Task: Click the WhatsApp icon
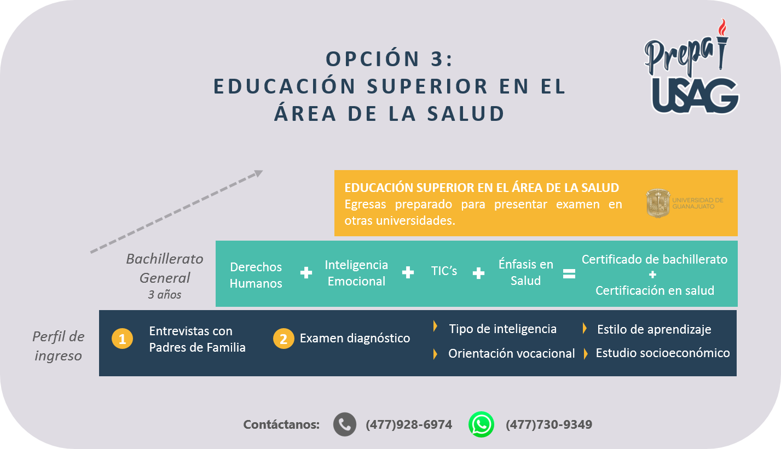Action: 481,424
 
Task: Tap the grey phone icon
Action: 344,424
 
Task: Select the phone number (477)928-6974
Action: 409,424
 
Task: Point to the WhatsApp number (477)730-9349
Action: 549,424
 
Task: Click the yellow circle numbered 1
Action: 122,339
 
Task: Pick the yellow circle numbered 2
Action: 284,339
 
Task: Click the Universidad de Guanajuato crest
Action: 658,203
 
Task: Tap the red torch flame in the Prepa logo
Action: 722,27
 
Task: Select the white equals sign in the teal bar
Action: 569,273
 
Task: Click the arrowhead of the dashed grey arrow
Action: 258,173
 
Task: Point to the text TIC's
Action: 444,271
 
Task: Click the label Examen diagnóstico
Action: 355,338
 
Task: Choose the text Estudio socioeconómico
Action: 662,353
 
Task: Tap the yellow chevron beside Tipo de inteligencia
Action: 435,326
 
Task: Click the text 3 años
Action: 165,295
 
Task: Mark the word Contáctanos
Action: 281,424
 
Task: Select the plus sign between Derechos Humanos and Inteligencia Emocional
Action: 306,272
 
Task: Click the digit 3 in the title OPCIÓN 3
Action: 437,59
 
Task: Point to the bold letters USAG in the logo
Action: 695,95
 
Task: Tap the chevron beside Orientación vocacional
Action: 435,354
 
